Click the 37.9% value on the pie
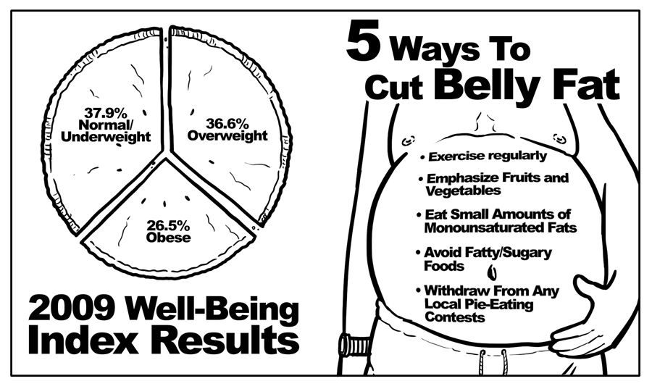click(x=106, y=112)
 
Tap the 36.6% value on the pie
click(x=227, y=123)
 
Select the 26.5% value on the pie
click(x=168, y=226)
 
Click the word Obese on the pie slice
click(x=168, y=238)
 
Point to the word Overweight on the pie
click(x=227, y=135)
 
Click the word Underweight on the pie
click(x=106, y=137)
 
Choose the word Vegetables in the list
click(x=463, y=191)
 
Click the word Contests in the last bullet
click(x=456, y=317)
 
